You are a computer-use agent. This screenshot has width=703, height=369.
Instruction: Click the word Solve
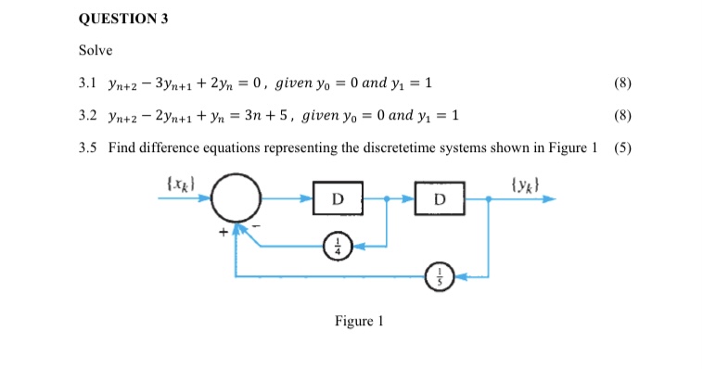(96, 49)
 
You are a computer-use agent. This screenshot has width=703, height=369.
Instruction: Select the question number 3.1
(88, 83)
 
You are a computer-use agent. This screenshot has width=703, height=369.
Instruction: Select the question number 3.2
(88, 115)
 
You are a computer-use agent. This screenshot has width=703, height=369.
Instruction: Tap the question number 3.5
(88, 146)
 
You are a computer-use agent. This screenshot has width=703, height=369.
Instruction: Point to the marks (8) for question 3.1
(622, 83)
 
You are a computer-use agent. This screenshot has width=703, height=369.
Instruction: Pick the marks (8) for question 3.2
(622, 115)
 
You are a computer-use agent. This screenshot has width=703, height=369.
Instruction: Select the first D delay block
(337, 198)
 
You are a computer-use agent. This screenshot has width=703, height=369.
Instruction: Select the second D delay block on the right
(440, 198)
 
